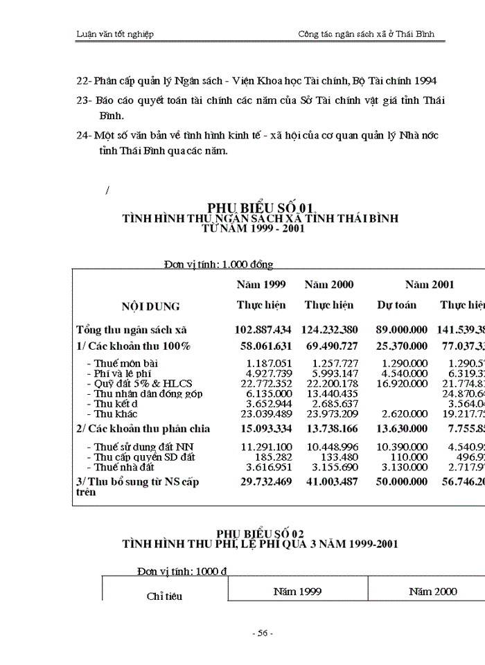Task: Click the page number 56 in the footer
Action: [263, 633]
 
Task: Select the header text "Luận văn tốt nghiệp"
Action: [115, 34]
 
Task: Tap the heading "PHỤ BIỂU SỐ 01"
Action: [261, 207]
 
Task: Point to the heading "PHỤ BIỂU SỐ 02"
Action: [260, 533]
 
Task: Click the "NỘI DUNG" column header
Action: [150, 306]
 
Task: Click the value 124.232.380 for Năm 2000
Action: [329, 330]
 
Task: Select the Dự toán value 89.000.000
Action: [402, 330]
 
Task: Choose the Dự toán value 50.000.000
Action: [402, 481]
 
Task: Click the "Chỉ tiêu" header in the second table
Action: [164, 596]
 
